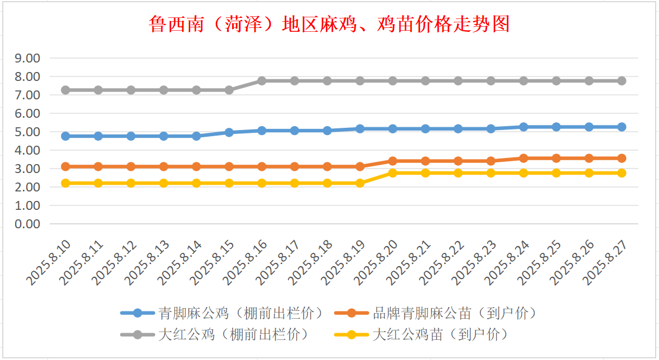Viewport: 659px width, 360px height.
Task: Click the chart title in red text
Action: (x=329, y=25)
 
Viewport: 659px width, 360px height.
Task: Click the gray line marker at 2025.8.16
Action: (x=262, y=81)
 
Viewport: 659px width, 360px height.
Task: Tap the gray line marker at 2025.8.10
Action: (x=65, y=90)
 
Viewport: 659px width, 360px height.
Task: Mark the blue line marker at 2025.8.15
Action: (x=229, y=132)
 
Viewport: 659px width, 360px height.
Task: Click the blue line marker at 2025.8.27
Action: (x=622, y=127)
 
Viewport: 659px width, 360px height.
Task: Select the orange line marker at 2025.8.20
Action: (x=393, y=161)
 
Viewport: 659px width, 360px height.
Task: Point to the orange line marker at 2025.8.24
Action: (x=523, y=158)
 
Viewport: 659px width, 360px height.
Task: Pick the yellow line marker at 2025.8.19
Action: (x=360, y=183)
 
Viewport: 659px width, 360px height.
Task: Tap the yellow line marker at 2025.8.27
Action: (x=622, y=173)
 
